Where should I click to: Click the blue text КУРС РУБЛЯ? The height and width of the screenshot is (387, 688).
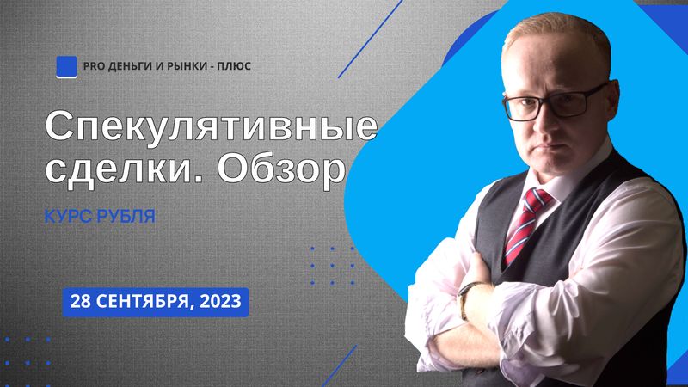click(x=100, y=217)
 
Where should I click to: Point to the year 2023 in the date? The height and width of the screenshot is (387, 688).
click(x=220, y=302)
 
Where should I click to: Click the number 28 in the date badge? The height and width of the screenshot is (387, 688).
click(x=80, y=302)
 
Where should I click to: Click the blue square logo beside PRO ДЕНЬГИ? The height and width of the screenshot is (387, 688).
click(x=67, y=67)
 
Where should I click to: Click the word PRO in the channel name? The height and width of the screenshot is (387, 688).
click(x=93, y=66)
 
